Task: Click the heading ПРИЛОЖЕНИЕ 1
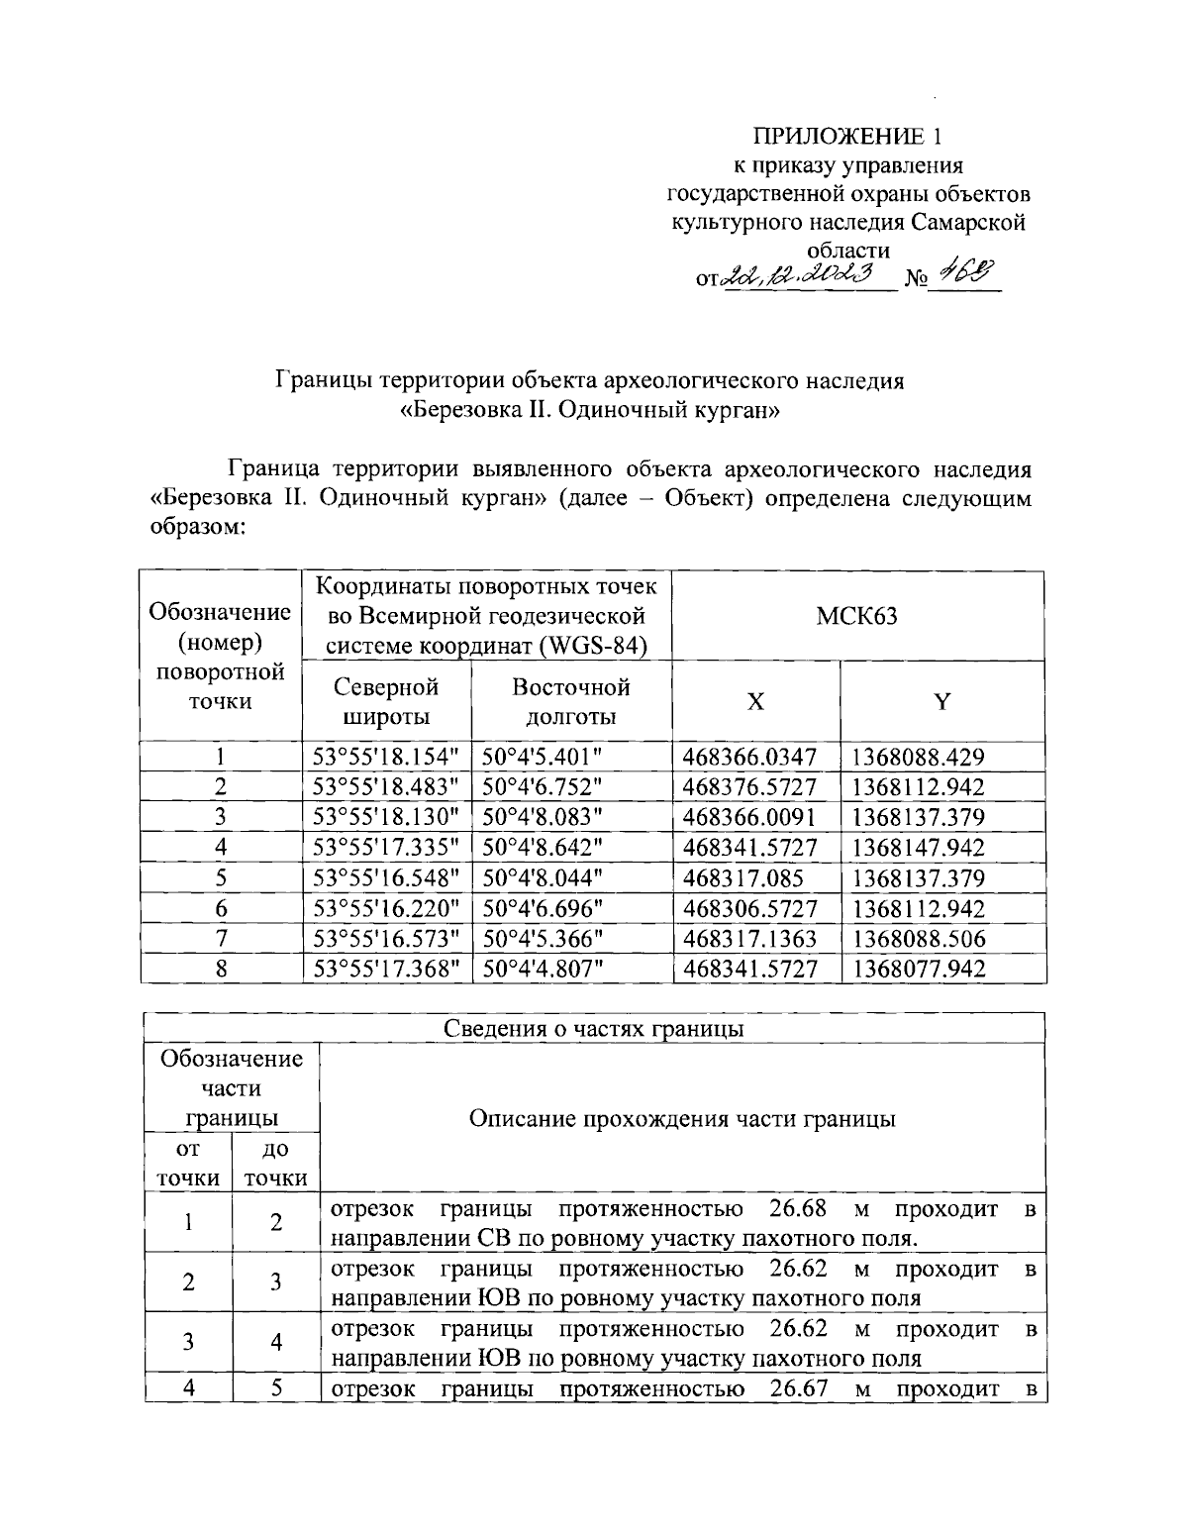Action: pyautogui.click(x=844, y=136)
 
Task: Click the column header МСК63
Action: pyautogui.click(x=857, y=616)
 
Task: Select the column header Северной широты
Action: pyautogui.click(x=386, y=701)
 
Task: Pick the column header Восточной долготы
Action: pyautogui.click(x=570, y=701)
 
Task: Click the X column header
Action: pyautogui.click(x=755, y=702)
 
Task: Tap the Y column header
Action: pyautogui.click(x=942, y=702)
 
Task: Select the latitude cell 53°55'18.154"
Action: pyautogui.click(x=386, y=758)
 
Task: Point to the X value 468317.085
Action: pyautogui.click(x=742, y=878)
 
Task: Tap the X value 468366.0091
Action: pyautogui.click(x=749, y=818)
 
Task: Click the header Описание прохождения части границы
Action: pyautogui.click(x=682, y=1119)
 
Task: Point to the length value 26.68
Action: pyautogui.click(x=797, y=1209)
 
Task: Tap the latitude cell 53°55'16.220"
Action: pyautogui.click(x=386, y=908)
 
